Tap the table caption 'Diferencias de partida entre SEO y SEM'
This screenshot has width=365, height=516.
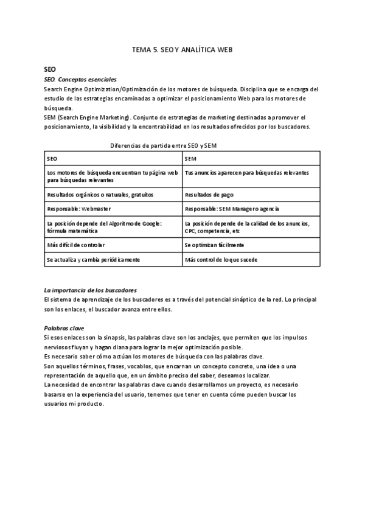coord(164,145)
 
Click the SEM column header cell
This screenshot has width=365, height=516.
coord(251,158)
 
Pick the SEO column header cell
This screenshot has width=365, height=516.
coord(113,158)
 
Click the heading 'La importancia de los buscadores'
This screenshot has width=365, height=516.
coord(91,290)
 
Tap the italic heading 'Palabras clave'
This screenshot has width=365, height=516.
coord(61,328)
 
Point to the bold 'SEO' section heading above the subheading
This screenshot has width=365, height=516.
coord(50,69)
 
